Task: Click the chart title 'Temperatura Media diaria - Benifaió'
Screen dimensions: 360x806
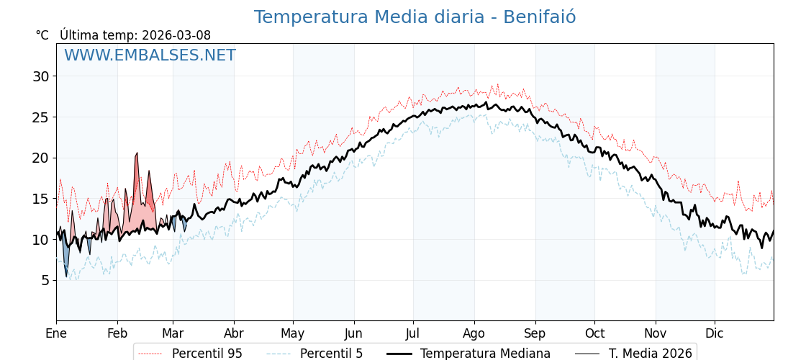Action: click(415, 17)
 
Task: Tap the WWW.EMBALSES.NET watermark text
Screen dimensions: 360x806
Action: click(150, 55)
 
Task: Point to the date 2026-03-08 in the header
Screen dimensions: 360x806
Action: click(176, 35)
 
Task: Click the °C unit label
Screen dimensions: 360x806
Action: click(42, 35)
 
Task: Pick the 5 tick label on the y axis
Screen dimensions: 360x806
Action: click(45, 280)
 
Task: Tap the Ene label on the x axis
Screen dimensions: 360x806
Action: click(56, 333)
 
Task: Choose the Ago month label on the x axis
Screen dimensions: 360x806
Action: click(474, 333)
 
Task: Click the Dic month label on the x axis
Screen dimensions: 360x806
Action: click(715, 333)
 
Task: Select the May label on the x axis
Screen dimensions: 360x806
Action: click(293, 333)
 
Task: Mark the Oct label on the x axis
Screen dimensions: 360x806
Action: click(594, 333)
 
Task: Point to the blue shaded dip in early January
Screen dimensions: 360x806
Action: click(66, 259)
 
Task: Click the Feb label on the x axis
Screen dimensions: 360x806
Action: click(117, 333)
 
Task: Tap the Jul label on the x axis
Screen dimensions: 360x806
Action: click(413, 333)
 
